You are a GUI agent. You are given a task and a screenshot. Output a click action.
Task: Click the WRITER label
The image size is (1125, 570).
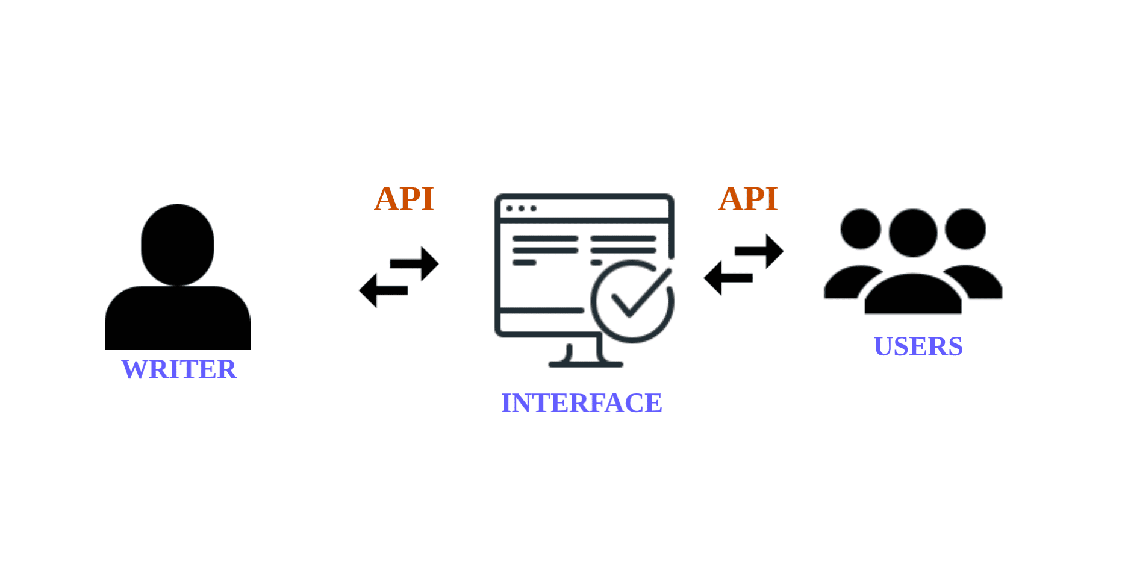tap(179, 369)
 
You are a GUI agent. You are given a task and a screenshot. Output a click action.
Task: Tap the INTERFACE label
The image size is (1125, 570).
tap(581, 403)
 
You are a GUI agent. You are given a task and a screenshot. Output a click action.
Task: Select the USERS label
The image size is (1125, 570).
tap(918, 346)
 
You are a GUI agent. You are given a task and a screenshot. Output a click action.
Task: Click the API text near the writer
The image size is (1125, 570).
tap(404, 199)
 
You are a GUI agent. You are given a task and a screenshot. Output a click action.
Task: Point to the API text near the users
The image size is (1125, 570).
tap(748, 199)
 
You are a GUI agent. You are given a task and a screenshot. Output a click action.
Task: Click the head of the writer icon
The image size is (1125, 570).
tap(178, 244)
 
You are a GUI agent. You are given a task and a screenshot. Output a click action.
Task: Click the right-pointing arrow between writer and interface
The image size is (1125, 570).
tap(416, 263)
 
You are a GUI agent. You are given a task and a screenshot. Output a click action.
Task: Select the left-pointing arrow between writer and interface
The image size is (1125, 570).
tap(382, 290)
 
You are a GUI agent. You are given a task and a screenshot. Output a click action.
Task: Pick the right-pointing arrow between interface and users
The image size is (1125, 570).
tap(760, 251)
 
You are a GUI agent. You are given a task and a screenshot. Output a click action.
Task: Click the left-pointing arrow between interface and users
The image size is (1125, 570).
tap(727, 278)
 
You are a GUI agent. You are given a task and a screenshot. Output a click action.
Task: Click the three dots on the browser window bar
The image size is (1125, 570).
tap(521, 208)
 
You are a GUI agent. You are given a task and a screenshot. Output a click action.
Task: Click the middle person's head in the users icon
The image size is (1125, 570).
tap(912, 233)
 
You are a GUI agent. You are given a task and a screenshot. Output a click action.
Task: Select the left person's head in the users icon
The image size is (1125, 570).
tap(861, 229)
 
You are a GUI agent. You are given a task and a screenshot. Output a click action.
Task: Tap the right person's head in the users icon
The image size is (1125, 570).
tap(965, 229)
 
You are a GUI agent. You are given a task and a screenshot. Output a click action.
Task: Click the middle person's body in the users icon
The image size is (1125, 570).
tap(912, 295)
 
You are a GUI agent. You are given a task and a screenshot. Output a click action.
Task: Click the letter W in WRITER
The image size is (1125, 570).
tap(134, 369)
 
